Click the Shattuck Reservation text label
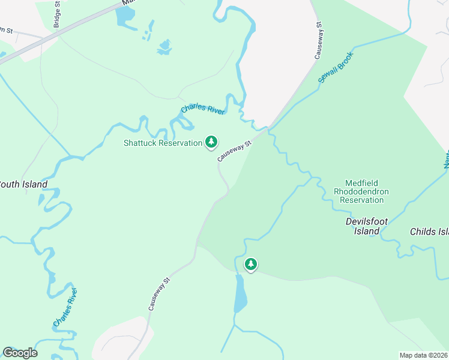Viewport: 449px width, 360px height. [x=163, y=143]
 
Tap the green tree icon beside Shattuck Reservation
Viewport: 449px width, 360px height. [x=211, y=142]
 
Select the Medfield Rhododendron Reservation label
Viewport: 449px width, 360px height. [x=361, y=191]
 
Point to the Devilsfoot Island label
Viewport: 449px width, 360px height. [x=363, y=226]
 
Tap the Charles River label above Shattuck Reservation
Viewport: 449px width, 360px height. [x=203, y=110]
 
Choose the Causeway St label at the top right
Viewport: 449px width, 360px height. [x=320, y=40]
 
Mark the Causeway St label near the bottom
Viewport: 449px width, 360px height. [x=159, y=293]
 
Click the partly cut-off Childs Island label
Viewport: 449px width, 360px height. [x=429, y=232]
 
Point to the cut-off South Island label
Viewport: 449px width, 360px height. [x=23, y=185]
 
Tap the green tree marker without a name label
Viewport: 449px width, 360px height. [x=250, y=263]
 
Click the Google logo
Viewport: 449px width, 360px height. [x=20, y=353]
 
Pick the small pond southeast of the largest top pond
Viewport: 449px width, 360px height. [x=164, y=46]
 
